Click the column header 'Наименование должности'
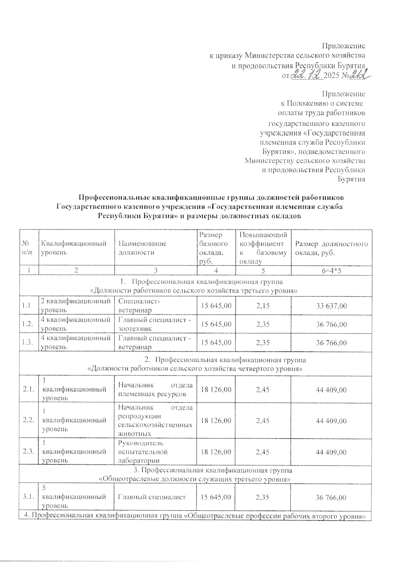pyautogui.click(x=143, y=248)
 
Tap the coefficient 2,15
pyautogui.click(x=263, y=306)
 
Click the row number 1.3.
pyautogui.click(x=28, y=343)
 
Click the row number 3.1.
pyautogui.click(x=28, y=497)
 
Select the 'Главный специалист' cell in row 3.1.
pyautogui.click(x=152, y=497)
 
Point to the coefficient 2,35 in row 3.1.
pyautogui.click(x=263, y=497)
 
